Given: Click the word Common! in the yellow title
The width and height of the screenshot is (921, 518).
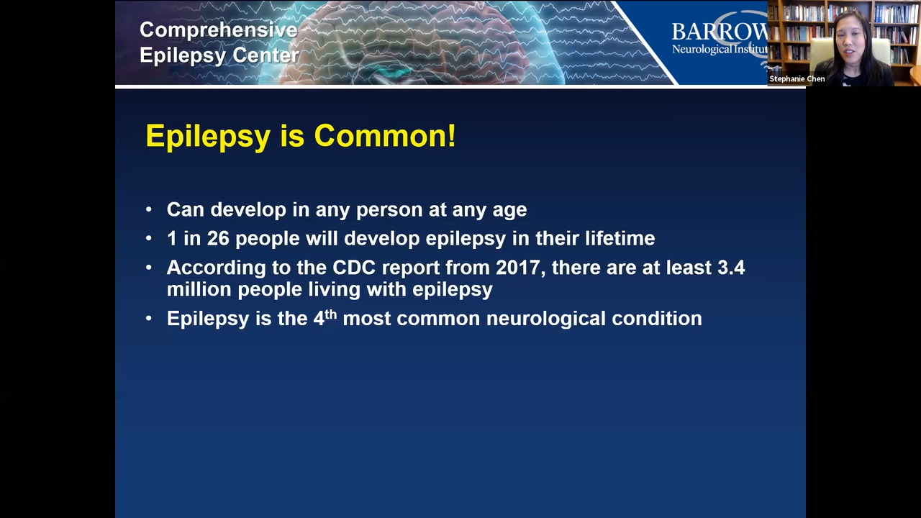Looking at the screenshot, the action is click(385, 136).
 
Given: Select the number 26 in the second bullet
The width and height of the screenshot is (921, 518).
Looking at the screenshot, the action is click(218, 238).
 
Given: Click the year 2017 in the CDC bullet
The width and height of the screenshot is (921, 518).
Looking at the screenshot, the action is click(520, 268).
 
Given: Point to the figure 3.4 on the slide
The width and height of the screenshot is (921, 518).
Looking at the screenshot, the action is click(731, 268).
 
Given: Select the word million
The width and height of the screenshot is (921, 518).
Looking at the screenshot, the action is click(199, 289).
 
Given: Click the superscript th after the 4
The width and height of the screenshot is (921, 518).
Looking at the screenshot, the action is click(330, 314).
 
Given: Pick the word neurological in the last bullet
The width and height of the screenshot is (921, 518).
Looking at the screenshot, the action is click(546, 319).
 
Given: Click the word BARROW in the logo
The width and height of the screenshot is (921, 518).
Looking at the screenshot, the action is click(720, 32).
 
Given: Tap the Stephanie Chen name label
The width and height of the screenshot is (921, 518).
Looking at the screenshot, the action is click(797, 79).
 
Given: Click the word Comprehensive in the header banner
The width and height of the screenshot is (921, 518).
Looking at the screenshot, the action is click(218, 31).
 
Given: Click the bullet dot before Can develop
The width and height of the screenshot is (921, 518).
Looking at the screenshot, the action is click(149, 209).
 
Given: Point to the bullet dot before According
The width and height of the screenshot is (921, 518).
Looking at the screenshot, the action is click(149, 268).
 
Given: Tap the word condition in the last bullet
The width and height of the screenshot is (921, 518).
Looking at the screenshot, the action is click(657, 319).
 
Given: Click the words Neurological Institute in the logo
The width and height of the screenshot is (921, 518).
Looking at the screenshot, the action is click(720, 50).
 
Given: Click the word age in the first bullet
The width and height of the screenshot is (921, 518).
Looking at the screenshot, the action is click(510, 212).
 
